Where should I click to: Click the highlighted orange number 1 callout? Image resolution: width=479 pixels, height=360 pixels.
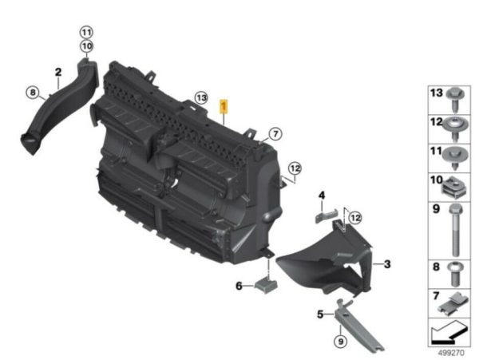pos(224,106)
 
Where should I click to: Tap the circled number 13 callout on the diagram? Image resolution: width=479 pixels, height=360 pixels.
pos(201,98)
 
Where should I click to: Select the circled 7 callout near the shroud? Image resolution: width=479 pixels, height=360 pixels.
pos(275,134)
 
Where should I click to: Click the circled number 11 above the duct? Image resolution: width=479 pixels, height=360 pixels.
pos(86,32)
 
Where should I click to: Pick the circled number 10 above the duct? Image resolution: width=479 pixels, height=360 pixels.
pos(87,46)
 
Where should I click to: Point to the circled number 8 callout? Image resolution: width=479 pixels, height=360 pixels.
pos(33,93)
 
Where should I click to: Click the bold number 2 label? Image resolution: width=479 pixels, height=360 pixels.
pos(58,72)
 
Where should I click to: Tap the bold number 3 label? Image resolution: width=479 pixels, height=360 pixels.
pos(387,264)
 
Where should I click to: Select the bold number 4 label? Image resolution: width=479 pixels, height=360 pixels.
pos(322,195)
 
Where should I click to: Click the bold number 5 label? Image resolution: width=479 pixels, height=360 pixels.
pos(320,314)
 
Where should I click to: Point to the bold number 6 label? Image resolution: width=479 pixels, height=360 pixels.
pos(239,286)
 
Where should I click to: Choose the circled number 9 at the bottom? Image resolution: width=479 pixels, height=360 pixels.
pos(341,341)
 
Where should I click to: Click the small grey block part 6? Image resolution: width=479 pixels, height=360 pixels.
pos(266,285)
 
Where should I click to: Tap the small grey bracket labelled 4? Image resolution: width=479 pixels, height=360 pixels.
pos(326,216)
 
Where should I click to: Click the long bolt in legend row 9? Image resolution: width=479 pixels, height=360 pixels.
pos(455,230)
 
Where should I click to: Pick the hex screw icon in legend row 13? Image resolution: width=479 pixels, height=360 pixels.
pos(455,100)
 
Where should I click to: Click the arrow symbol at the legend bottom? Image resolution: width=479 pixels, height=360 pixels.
pos(449,333)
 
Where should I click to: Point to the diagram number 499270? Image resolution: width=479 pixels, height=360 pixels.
pos(451,353)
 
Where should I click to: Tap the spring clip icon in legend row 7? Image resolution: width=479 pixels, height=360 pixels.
pos(453,303)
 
